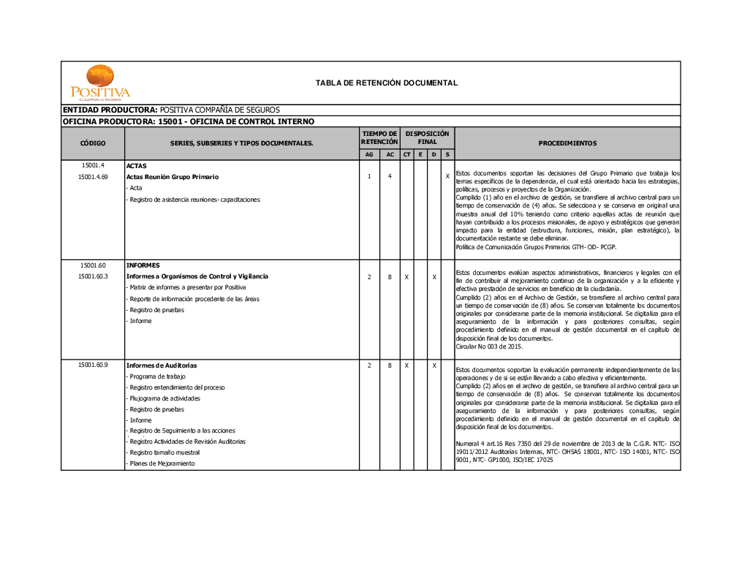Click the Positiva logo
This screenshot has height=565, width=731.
tap(100, 83)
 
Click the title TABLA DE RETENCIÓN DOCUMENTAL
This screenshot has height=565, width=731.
tap(387, 83)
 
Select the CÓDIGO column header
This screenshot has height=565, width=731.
tap(93, 143)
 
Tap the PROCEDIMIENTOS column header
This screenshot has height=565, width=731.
tap(567, 143)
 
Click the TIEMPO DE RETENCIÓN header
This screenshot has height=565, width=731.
tap(379, 137)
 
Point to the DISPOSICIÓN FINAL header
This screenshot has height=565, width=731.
tap(428, 137)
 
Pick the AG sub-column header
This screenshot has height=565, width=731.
tap(369, 155)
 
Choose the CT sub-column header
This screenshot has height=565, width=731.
tap(406, 155)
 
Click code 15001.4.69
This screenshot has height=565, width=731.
tap(93, 177)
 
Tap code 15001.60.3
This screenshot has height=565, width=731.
tap(93, 276)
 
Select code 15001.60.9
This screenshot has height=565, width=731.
tap(93, 365)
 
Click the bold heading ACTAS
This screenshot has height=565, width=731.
tap(136, 166)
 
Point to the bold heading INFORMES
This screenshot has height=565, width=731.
tap(143, 265)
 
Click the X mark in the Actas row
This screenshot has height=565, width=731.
tap(447, 177)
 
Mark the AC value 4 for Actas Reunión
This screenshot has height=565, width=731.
tap(390, 177)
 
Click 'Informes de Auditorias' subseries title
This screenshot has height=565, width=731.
tap(162, 365)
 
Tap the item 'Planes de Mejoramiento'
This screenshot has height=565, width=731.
tap(162, 463)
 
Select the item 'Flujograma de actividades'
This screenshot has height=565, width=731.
tap(164, 398)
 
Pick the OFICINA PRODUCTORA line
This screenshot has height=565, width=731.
tap(189, 121)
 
